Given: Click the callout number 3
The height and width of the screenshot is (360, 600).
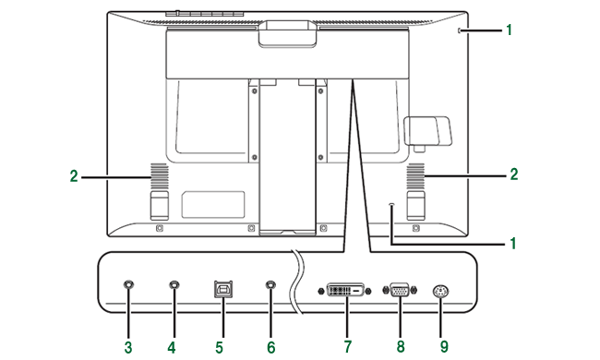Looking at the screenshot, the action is pos(128,348).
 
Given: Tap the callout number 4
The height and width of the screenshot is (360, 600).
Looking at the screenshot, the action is pos(172,348).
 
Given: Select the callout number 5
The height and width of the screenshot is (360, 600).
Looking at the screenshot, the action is pos(219,348).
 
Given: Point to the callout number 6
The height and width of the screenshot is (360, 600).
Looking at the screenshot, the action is pos(270,348).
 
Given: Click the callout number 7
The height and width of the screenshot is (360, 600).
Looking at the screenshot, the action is pos(347,347).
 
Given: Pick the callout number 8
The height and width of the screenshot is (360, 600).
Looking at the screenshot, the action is pos(401,347).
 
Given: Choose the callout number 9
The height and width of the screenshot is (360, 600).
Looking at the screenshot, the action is pos(444,347).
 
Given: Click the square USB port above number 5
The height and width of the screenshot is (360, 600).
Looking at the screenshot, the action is pos(224,289).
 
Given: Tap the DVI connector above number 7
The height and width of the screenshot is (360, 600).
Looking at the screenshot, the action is pos(345,291).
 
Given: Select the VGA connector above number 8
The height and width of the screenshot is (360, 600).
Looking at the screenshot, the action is pos(400,290).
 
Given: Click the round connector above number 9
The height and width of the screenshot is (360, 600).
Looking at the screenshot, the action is pos(440,292).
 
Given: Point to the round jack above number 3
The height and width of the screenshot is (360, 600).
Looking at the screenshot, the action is pos(129,284).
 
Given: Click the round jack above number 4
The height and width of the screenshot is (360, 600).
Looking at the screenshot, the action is pos(174,284).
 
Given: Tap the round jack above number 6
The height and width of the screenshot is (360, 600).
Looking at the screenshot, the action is pos(270,284).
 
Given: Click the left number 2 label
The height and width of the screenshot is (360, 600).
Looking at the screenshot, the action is pos(74,176).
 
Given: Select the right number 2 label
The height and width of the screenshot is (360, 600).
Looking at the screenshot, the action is pos(514,174).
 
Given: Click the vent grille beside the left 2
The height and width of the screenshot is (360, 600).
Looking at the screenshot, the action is pos(159,176).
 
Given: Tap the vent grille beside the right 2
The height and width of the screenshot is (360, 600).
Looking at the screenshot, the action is pos(415,176).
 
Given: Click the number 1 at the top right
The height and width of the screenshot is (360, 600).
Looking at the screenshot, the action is pos(510,30).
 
